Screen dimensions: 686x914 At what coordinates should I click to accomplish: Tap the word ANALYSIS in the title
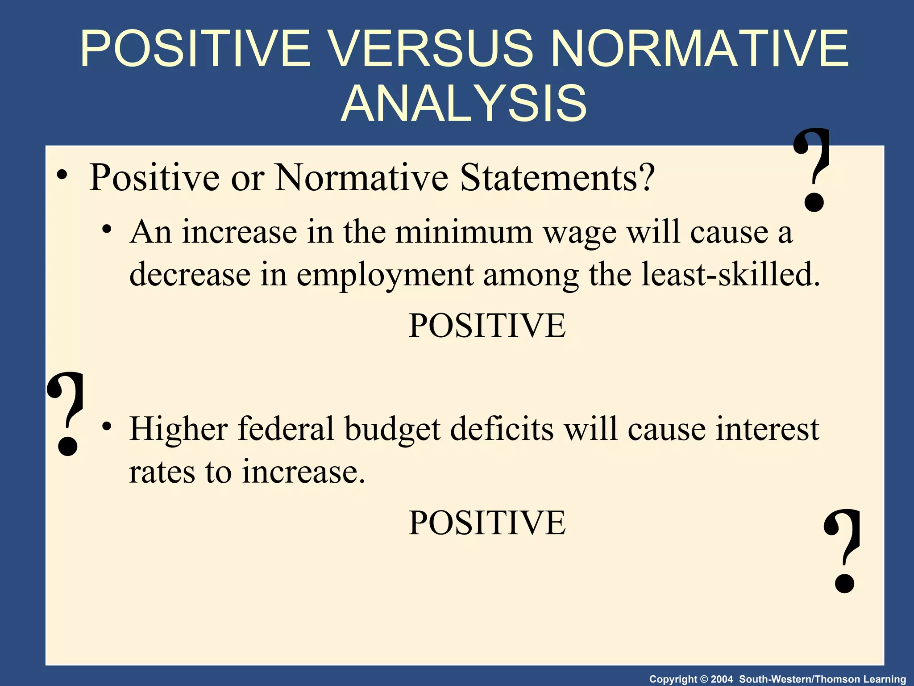(x=464, y=104)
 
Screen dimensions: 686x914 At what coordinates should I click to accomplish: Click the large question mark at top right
(x=812, y=170)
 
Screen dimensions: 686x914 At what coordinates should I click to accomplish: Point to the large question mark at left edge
(x=66, y=413)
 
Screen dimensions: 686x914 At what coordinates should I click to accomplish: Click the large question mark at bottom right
(x=843, y=552)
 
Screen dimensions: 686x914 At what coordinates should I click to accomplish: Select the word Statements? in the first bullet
(x=557, y=178)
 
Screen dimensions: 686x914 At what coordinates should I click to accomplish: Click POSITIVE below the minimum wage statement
(x=487, y=326)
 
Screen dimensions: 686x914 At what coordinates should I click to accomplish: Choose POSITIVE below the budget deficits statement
(x=487, y=523)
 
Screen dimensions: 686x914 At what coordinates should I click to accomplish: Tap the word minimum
(x=464, y=232)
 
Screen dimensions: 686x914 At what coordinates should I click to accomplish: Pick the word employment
(x=385, y=275)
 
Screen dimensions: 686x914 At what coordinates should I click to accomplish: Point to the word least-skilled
(x=730, y=274)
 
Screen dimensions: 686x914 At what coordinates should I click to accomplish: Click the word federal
(x=286, y=429)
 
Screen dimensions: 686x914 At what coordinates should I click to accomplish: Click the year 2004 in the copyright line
(x=722, y=679)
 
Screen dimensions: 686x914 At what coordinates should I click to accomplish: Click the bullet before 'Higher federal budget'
(x=106, y=427)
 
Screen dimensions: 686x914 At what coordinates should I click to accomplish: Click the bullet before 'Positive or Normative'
(x=62, y=176)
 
